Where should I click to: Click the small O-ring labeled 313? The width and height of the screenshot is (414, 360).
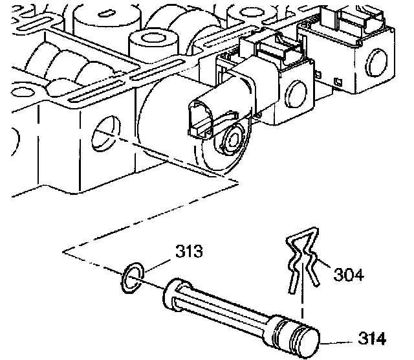[131, 274]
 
